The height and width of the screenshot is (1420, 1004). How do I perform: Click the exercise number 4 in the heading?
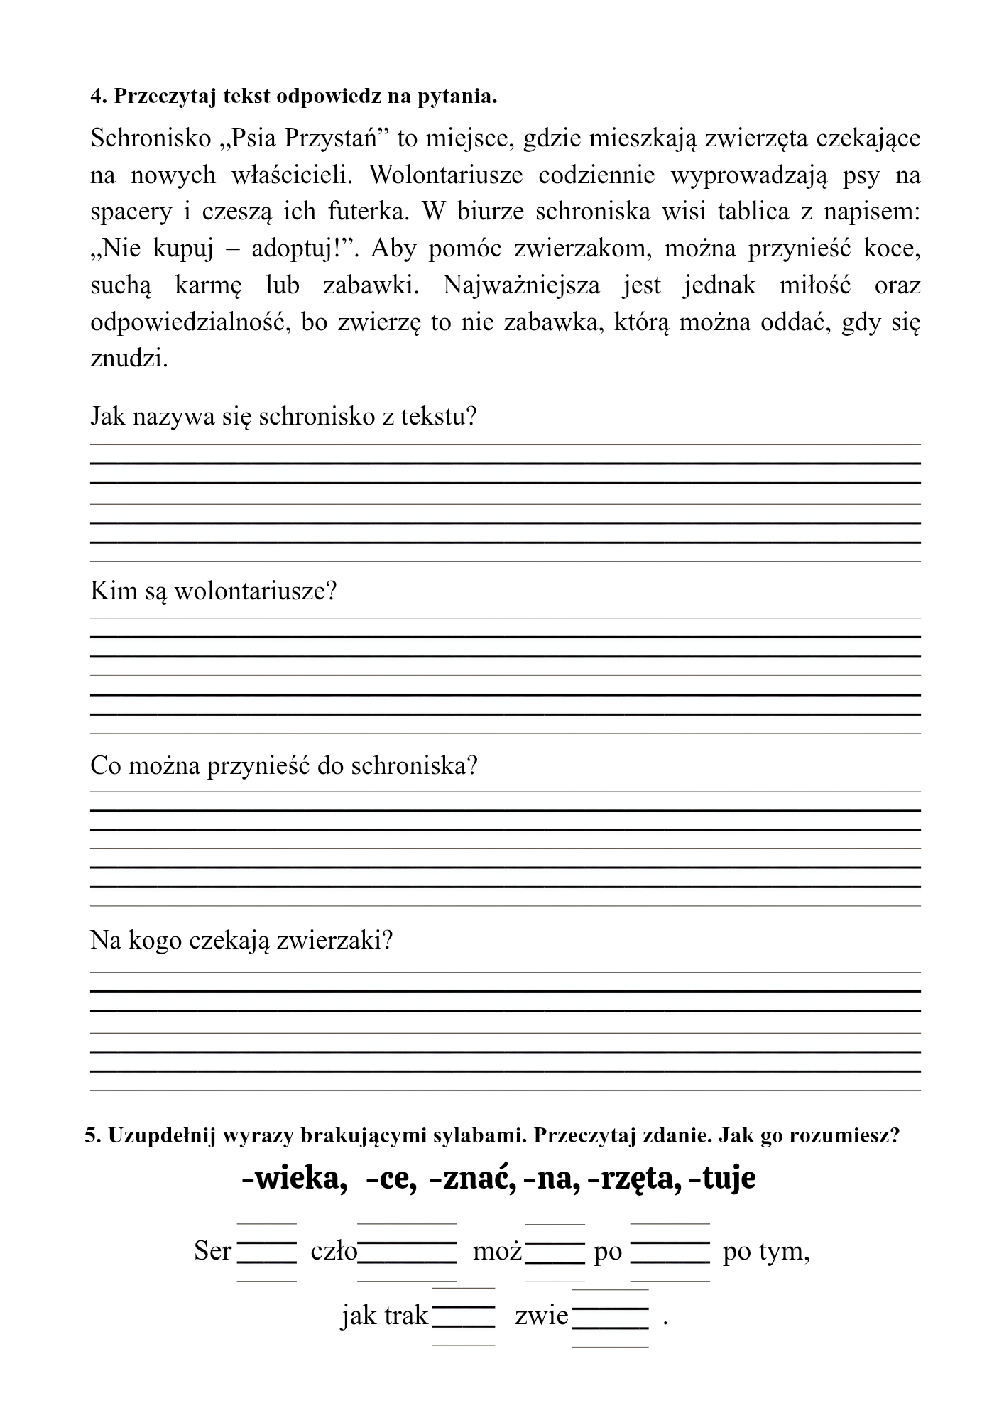click(x=97, y=97)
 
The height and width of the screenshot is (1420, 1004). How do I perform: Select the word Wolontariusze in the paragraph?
click(x=447, y=175)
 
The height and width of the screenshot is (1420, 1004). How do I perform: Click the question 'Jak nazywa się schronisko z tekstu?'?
click(x=283, y=415)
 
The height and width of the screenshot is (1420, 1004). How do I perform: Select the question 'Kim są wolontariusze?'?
click(x=213, y=590)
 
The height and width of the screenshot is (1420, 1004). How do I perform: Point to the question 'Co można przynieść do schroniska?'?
click(x=283, y=765)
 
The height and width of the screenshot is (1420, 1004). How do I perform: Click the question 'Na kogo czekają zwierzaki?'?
click(x=241, y=941)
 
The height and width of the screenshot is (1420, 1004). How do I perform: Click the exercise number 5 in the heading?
click(x=90, y=1135)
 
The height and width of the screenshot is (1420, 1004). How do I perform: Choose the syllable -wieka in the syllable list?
click(x=294, y=1179)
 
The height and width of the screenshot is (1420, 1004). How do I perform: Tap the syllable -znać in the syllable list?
click(x=472, y=1179)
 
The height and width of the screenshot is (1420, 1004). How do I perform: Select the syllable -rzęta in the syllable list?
click(x=631, y=1179)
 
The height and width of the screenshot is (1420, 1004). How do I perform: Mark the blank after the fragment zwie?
click(x=611, y=1318)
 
